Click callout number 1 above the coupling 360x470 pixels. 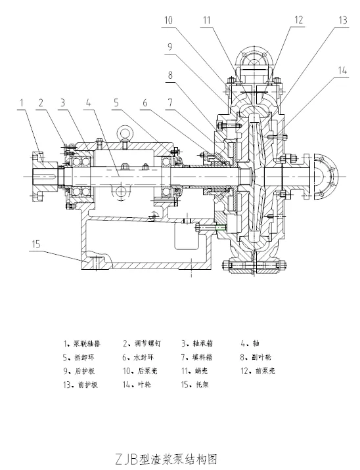(x=22, y=102)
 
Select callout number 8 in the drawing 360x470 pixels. (x=171, y=75)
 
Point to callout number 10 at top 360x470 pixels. (x=169, y=20)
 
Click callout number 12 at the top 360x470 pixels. (x=299, y=20)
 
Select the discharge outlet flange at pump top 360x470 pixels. (x=254, y=66)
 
